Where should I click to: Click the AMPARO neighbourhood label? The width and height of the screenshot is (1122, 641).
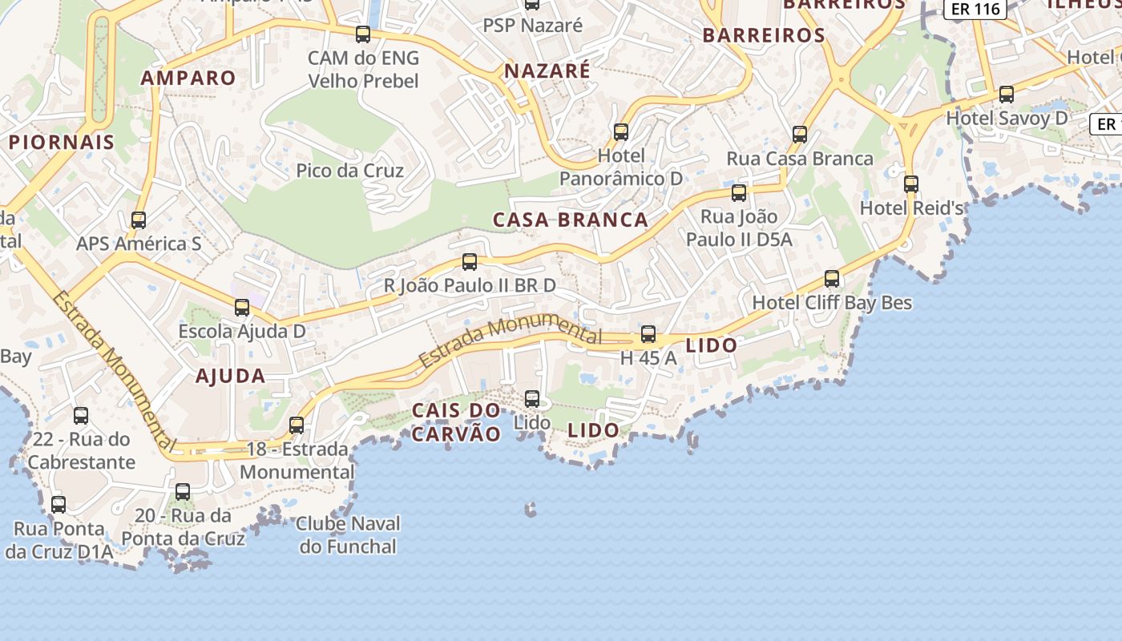click(188, 78)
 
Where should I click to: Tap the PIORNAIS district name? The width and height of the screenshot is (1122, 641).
click(62, 142)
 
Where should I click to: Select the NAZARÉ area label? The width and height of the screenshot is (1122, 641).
click(547, 71)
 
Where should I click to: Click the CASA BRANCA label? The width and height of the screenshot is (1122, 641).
click(570, 220)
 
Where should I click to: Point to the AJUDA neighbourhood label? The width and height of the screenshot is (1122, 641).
click(230, 375)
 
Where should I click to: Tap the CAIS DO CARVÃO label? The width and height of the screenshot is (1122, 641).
click(456, 421)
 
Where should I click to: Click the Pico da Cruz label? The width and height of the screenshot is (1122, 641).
click(349, 170)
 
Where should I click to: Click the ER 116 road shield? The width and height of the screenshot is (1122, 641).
click(975, 9)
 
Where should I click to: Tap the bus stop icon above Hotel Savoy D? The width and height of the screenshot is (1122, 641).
click(1007, 95)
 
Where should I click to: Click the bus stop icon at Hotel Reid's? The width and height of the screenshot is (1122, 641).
click(910, 184)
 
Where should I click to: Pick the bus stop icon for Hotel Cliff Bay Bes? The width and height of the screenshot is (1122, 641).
click(832, 279)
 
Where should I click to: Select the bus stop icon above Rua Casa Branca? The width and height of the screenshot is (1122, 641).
click(799, 134)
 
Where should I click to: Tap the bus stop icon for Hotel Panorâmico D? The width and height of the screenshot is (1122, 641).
click(620, 132)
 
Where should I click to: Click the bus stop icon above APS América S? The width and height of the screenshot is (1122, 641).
click(139, 220)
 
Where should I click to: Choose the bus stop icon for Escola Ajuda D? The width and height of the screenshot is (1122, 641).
click(241, 307)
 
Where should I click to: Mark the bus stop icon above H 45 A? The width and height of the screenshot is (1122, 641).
click(648, 334)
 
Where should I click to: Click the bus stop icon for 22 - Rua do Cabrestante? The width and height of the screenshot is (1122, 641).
click(81, 415)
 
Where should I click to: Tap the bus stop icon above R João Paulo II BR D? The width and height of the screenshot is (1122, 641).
click(470, 261)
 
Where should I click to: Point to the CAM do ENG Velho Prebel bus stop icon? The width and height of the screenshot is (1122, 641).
click(363, 34)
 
